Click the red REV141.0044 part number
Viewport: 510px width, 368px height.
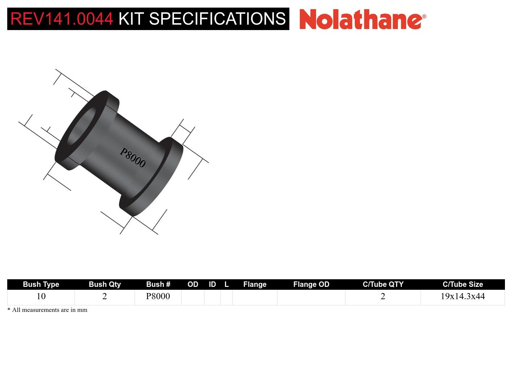pos(61,19)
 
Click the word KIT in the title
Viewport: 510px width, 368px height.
pos(131,19)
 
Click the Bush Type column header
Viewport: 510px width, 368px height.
pos(41,284)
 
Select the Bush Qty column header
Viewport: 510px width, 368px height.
pos(105,284)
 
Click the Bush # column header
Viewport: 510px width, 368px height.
pos(158,284)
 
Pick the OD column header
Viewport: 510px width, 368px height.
pos(193,284)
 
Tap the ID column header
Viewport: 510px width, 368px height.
pos(212,284)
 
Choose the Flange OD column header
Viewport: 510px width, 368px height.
pos(311,284)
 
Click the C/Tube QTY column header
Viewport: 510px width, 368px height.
pos(383,284)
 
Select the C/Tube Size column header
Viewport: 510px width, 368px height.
pos(463,284)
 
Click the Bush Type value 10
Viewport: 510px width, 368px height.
pos(41,296)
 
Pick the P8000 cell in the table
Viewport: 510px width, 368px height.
pos(158,296)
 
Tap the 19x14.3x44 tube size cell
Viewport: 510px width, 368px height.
pos(463,296)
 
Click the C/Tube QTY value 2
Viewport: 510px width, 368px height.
pos(383,296)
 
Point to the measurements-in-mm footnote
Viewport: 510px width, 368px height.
pos(47,310)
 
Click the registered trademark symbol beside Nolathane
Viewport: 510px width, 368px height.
pos(424,17)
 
